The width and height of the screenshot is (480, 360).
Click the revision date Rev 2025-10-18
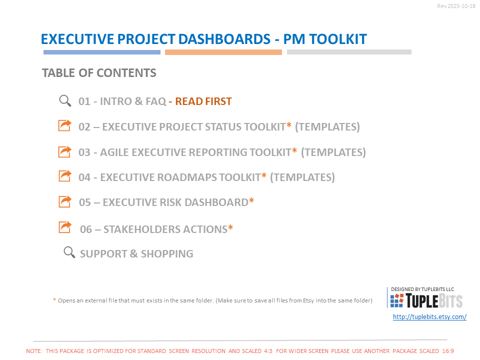point(456,6)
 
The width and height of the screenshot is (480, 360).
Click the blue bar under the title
point(102,52)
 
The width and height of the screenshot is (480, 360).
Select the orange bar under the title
point(223,52)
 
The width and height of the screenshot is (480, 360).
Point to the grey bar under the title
point(349,52)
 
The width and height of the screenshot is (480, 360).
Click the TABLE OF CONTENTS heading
point(99,73)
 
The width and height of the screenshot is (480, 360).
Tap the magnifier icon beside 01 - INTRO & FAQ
point(65,101)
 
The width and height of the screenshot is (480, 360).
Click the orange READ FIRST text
point(203,101)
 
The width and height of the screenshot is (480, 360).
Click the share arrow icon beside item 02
point(65,125)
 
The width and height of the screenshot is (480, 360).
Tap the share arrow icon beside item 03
point(65,151)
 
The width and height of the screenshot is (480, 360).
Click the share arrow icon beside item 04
point(65,176)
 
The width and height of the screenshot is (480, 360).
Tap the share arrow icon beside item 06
point(65,227)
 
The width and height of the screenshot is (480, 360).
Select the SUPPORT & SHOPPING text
point(136,254)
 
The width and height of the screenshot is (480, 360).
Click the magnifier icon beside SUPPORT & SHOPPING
point(69,252)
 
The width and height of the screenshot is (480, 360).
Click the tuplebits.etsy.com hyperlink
point(429,317)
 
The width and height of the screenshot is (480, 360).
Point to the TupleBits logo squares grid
point(396,300)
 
